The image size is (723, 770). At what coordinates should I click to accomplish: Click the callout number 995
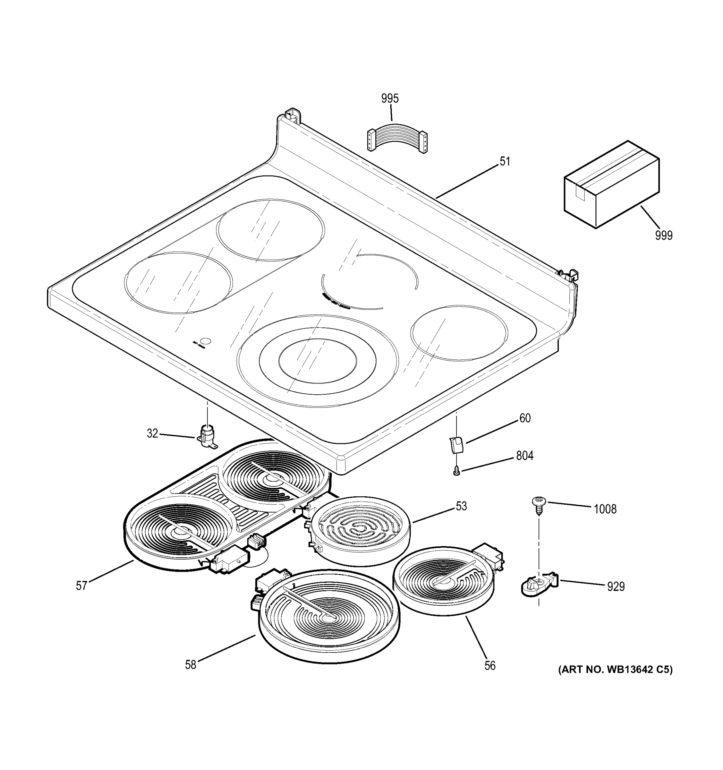pos(390,99)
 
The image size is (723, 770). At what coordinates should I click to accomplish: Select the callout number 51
pos(505,161)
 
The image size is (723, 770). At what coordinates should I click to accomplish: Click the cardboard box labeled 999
pos(611,185)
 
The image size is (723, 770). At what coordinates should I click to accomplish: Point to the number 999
pos(664,235)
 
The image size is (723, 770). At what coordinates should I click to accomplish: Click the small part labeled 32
pos(208,437)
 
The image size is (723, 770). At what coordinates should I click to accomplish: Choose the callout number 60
pos(525,418)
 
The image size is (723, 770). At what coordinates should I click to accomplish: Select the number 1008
pos(605,509)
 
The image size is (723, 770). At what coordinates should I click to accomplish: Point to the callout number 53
pos(461,506)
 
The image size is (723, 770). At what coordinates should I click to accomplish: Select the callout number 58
pos(191,665)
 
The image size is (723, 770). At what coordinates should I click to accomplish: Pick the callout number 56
pos(490,665)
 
